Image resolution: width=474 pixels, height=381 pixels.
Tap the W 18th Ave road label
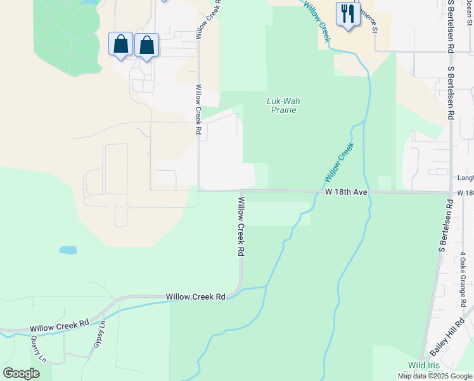347,191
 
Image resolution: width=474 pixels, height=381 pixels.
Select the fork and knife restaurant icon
347,13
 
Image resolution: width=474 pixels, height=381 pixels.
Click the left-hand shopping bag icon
121,44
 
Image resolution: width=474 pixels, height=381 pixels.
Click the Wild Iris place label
426,365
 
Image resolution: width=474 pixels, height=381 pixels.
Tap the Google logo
21,373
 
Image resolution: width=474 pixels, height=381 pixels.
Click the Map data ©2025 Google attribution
435,376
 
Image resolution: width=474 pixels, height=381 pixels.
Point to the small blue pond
68,250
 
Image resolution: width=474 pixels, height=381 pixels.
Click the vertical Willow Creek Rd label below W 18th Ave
241,225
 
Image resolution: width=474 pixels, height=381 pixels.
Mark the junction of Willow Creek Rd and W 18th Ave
241,190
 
